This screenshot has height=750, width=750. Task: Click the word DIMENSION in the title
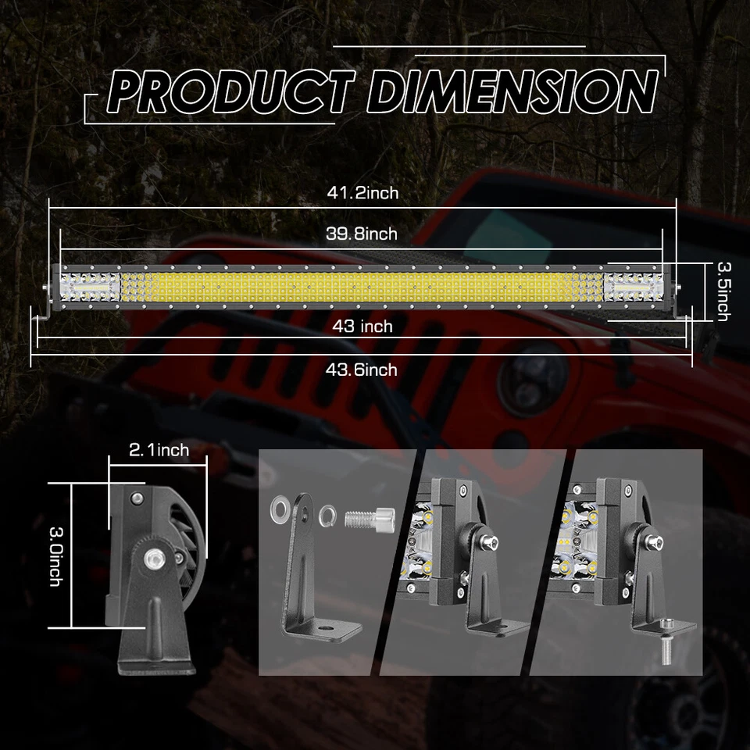(x=512, y=93)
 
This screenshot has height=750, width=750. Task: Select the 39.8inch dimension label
(x=361, y=234)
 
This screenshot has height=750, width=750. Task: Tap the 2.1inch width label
(x=159, y=449)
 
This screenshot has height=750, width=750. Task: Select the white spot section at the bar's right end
(x=633, y=285)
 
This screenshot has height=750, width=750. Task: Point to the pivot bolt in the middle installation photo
(x=488, y=538)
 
